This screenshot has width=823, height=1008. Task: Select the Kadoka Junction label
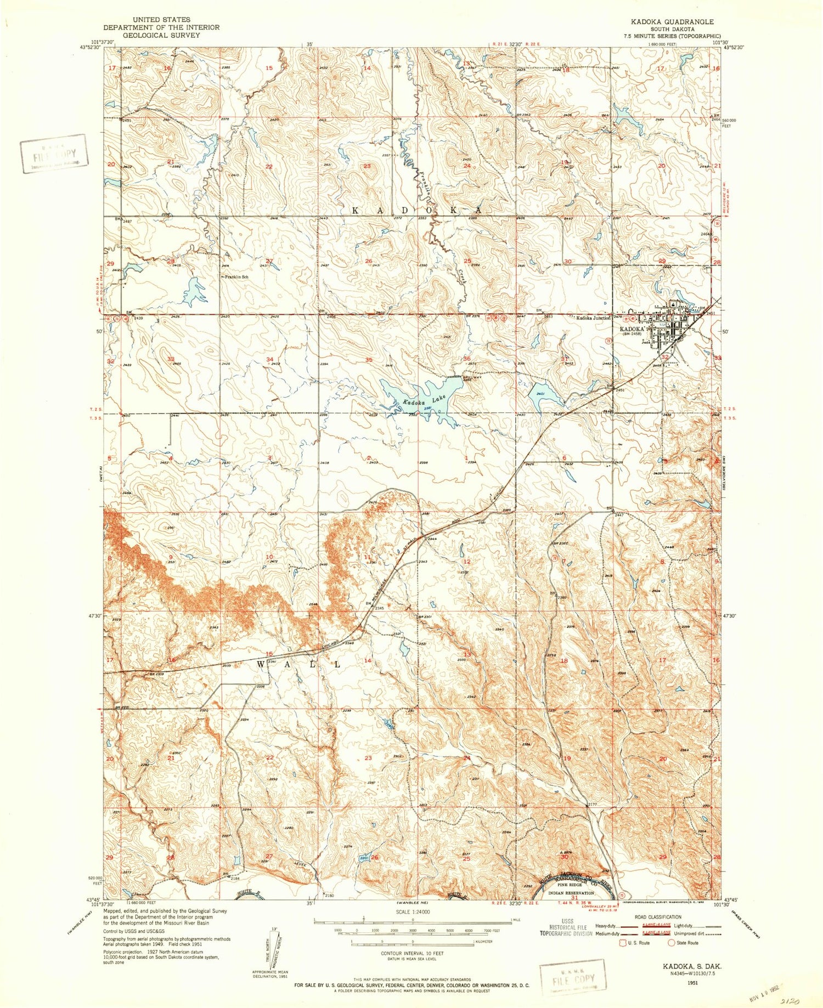click(590, 318)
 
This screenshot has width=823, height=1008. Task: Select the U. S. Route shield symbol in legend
click(623, 943)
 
